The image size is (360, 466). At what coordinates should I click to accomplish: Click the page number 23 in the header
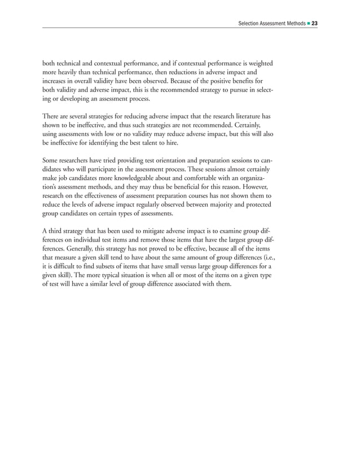click(314, 24)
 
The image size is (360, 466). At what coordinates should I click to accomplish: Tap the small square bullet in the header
click(307, 24)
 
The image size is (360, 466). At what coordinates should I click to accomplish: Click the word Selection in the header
click(251, 24)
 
